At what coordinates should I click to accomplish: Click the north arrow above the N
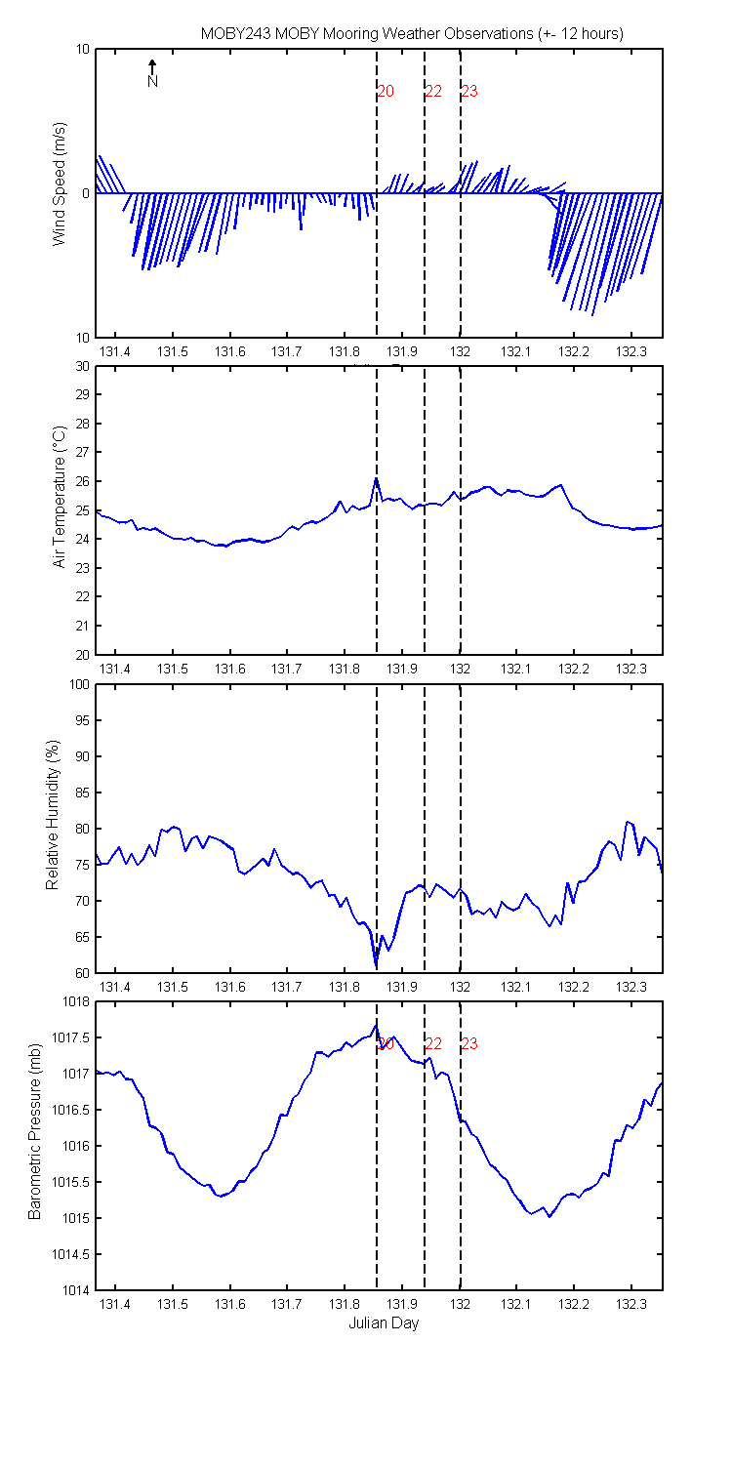[x=152, y=66]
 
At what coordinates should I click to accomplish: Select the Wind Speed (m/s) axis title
[x=60, y=183]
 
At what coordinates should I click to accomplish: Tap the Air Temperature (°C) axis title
[x=60, y=497]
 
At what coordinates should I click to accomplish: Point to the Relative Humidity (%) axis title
[x=53, y=815]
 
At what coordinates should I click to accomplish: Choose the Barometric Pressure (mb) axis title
[x=34, y=1131]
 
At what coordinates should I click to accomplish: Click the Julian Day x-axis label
[x=384, y=1322]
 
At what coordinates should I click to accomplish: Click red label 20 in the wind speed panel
[x=386, y=91]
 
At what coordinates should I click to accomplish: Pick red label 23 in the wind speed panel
[x=469, y=91]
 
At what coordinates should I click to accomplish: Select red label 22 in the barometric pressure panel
[x=433, y=1043]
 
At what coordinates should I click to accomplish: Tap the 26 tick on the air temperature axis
[x=82, y=481]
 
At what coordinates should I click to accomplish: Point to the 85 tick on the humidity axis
[x=82, y=793]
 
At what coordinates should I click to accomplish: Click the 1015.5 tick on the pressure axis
[x=71, y=1182]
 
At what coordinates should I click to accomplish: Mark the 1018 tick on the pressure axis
[x=77, y=1001]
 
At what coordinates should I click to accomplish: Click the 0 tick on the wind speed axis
[x=86, y=193]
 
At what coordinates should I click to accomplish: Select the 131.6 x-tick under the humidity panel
[x=230, y=987]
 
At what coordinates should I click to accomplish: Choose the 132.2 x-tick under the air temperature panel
[x=574, y=669]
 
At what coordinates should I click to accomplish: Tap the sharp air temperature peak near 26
[x=377, y=478]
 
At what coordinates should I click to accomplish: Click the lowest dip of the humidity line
[x=377, y=965]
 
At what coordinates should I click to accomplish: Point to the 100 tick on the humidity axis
[x=80, y=684]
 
